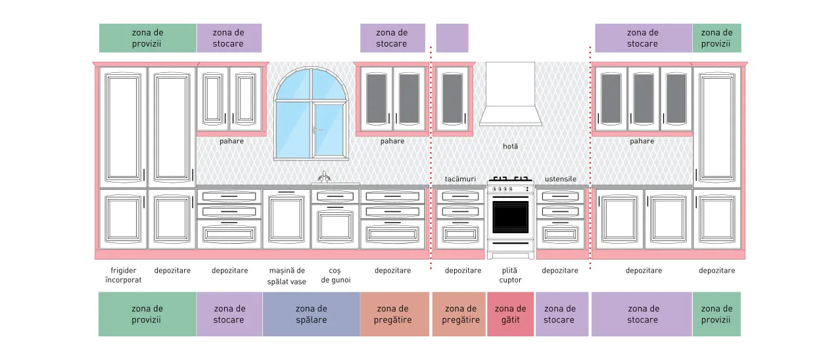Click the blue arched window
311,114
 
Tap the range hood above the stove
510,94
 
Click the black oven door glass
510,217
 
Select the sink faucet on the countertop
324,177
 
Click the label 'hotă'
510,146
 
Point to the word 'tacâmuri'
460,179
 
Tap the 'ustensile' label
560,179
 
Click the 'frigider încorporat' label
124,275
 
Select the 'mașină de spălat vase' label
287,276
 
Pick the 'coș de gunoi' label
336,275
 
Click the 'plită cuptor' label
510,275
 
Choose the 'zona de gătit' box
510,314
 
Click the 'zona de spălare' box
312,314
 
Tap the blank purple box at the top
452,38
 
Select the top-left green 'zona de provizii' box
148,38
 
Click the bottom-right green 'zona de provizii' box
716,314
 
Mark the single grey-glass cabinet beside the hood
453,99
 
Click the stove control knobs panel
510,189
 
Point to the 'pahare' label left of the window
231,141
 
